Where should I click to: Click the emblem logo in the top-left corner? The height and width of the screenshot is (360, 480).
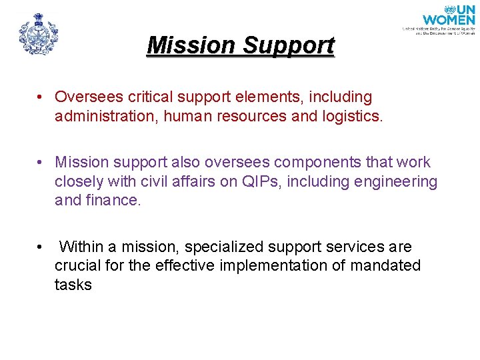(x=38, y=33)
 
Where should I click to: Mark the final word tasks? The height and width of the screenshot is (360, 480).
(x=73, y=285)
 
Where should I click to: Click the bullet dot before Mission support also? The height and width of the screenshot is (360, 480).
(x=41, y=163)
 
